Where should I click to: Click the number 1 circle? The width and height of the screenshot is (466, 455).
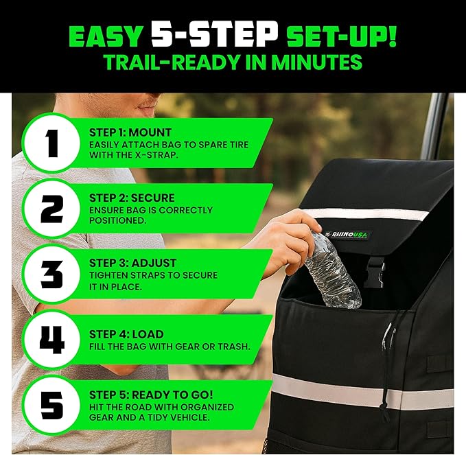pyautogui.click(x=51, y=145)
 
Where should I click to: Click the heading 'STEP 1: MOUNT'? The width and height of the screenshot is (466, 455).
pyautogui.click(x=130, y=132)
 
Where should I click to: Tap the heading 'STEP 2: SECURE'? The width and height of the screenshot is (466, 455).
pyautogui.click(x=132, y=198)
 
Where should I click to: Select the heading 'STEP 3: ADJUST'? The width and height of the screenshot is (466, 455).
pyautogui.click(x=132, y=263)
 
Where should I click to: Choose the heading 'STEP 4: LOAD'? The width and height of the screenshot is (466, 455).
pyautogui.click(x=126, y=335)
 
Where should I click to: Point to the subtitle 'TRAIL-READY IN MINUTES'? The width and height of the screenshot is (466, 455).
pyautogui.click(x=233, y=62)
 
